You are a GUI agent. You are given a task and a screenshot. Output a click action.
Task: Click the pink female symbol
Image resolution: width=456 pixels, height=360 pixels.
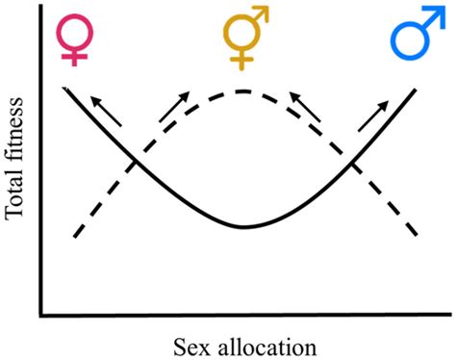[x=72, y=36]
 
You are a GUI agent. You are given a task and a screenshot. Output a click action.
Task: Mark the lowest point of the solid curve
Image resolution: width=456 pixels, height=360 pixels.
[x=242, y=227]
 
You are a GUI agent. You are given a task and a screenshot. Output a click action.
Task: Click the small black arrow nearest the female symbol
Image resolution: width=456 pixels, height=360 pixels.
[x=104, y=111]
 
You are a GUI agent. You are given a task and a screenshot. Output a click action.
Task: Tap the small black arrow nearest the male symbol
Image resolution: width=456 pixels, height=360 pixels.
[x=373, y=115]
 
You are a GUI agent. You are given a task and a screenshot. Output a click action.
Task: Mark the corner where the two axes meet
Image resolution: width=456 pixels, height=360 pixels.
[x=40, y=314]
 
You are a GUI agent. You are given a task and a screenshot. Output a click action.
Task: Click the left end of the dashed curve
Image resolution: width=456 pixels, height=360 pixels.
[x=74, y=236]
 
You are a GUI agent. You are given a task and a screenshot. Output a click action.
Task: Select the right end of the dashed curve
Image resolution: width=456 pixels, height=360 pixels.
[x=415, y=234]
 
